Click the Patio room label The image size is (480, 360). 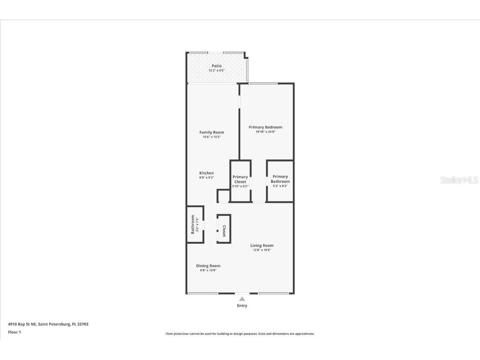pyautogui.click(x=216, y=66)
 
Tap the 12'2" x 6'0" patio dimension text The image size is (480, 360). pyautogui.click(x=216, y=70)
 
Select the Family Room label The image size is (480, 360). pyautogui.click(x=211, y=132)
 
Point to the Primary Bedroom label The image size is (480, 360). pyautogui.click(x=265, y=127)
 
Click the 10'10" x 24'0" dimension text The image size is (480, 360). pyautogui.click(x=265, y=132)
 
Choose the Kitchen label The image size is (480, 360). pyautogui.click(x=206, y=173)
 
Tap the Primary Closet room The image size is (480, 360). pyautogui.click(x=240, y=181)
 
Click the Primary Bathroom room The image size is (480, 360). pyautogui.click(x=280, y=181)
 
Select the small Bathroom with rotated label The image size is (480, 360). pyautogui.click(x=195, y=224)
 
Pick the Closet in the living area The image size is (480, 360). pyautogui.click(x=224, y=229)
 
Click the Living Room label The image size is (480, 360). pyautogui.click(x=262, y=245)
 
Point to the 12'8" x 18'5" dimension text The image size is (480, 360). pyautogui.click(x=262, y=250)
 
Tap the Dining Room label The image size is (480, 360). pyautogui.click(x=208, y=266)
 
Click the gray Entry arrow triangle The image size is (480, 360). pyautogui.click(x=242, y=299)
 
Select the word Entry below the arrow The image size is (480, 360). pyautogui.click(x=242, y=306)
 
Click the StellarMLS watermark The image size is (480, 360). pyautogui.click(x=459, y=180)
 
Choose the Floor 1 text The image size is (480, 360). pyautogui.click(x=14, y=332)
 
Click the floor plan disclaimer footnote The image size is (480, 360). pyautogui.click(x=240, y=334)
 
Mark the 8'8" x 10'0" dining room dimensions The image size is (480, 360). pyautogui.click(x=208, y=270)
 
